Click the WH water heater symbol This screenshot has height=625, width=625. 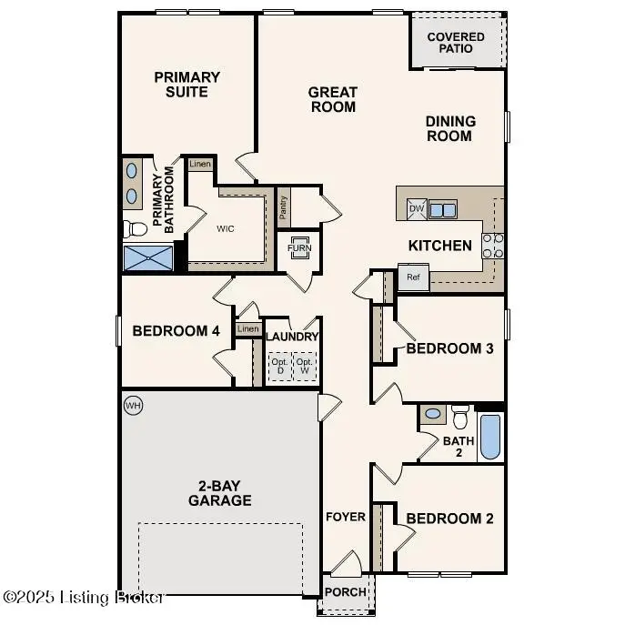click(x=133, y=403)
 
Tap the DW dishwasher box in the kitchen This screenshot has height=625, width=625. click(x=417, y=209)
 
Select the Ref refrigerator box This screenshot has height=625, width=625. click(x=413, y=277)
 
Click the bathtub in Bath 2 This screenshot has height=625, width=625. click(x=489, y=438)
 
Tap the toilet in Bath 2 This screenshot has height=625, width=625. click(x=460, y=416)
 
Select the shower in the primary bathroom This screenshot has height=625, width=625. click(x=148, y=257)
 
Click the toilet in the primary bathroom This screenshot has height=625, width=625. click(x=135, y=227)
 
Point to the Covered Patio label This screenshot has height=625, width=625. click(x=456, y=42)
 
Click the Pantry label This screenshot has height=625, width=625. click(x=284, y=209)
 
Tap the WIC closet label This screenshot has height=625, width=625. click(x=226, y=228)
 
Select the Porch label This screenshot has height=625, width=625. click(x=346, y=592)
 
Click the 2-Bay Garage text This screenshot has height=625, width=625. click(x=220, y=492)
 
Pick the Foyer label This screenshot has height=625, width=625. click(x=346, y=517)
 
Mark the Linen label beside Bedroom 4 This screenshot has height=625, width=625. click(x=247, y=328)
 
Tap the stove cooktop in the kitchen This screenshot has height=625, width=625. click(x=492, y=245)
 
